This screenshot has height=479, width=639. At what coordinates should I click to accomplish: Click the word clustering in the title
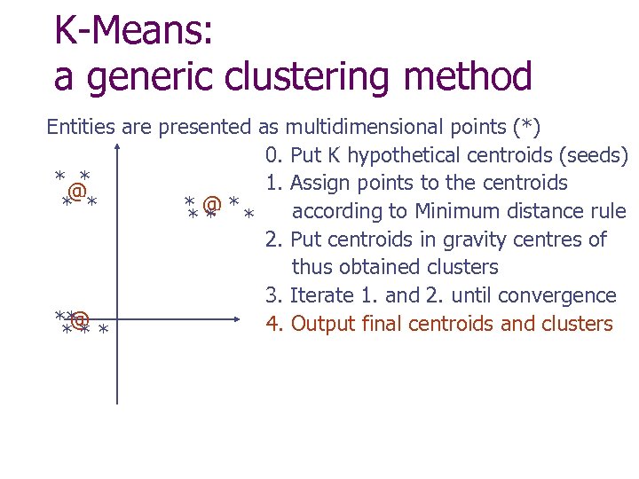click(295, 77)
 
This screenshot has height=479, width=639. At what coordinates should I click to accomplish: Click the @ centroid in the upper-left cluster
click(77, 191)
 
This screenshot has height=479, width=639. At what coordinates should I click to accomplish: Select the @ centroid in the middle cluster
click(211, 205)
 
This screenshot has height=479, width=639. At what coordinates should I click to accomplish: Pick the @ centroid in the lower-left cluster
click(81, 318)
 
